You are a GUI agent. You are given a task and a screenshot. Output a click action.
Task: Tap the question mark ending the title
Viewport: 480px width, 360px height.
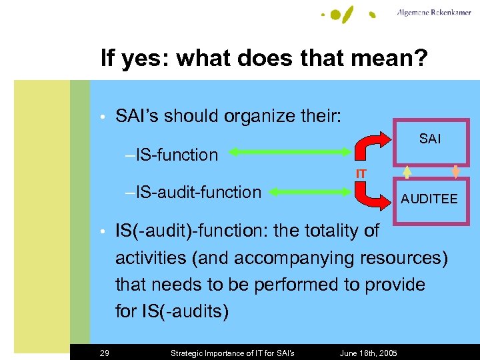421,59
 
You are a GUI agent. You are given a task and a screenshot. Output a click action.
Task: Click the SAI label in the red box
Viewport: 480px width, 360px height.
430,139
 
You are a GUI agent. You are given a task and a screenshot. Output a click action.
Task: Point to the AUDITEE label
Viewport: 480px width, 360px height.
429,199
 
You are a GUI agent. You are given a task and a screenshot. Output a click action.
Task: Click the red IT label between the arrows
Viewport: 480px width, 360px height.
361,174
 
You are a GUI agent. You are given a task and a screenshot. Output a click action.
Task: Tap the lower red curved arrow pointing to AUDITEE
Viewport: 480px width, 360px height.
372,195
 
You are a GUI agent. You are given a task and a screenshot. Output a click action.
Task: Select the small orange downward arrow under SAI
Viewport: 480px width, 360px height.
457,171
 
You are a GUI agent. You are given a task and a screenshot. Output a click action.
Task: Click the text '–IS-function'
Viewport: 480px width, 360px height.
171,155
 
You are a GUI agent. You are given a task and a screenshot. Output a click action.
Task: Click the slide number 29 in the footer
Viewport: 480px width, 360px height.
105,353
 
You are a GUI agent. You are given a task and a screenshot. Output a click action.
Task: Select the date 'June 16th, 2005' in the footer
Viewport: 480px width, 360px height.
369,353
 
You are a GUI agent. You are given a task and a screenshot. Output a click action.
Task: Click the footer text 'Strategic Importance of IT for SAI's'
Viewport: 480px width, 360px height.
233,353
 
